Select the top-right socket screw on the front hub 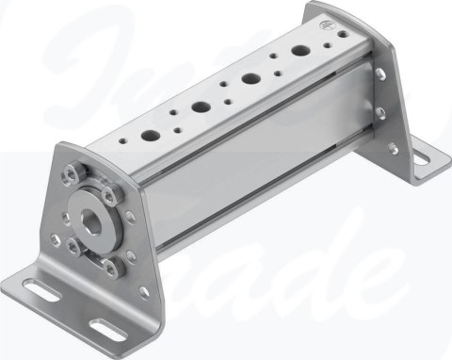pyautogui.click(x=111, y=195)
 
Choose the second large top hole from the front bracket pyautogui.click(x=201, y=106)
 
